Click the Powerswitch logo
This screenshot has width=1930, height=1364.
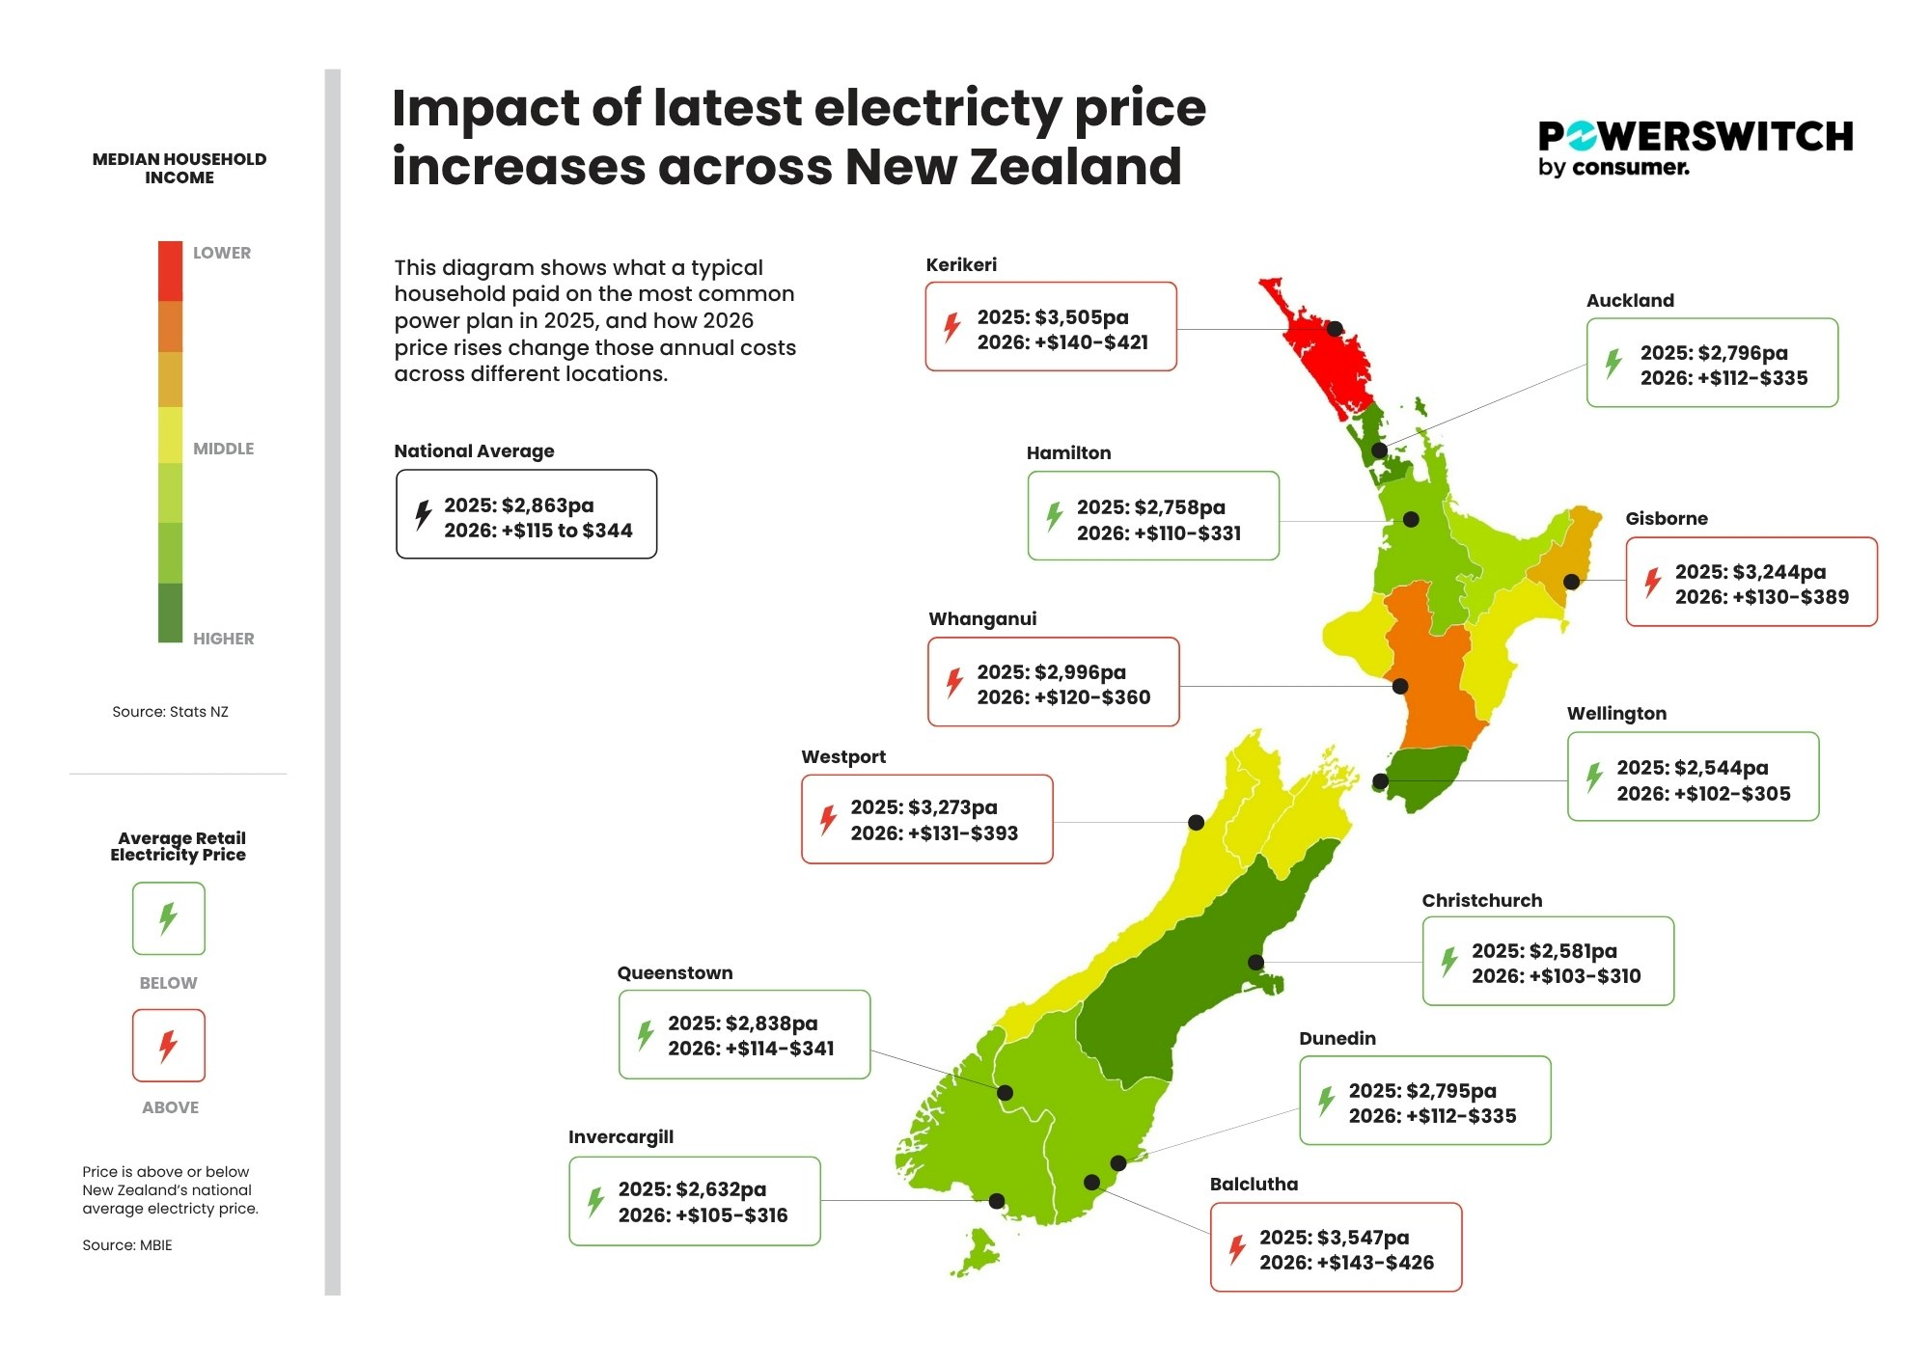pos(1695,148)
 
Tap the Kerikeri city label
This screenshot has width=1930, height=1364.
pos(961,264)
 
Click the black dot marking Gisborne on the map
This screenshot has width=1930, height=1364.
pos(1571,582)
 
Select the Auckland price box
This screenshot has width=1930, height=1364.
pos(1712,363)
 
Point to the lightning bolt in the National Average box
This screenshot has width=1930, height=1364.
pos(423,514)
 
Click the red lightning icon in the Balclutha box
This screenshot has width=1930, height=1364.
pos(1236,1249)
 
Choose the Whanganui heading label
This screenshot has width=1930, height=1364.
pos(982,618)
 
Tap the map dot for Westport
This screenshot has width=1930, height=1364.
pos(1196,822)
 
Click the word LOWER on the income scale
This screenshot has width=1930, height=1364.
pos(222,253)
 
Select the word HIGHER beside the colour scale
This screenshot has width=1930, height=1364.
pos(223,639)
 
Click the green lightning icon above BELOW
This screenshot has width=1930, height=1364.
pos(168,918)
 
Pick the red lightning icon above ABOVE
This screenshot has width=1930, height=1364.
pos(168,1045)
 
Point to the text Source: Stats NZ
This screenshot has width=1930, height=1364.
pos(170,712)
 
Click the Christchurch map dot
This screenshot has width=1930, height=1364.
pos(1255,962)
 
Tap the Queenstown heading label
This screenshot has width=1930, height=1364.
pos(675,972)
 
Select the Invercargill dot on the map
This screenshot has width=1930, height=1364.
pos(997,1200)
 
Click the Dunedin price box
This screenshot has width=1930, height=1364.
pos(1424,1101)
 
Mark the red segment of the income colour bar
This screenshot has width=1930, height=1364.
pos(170,271)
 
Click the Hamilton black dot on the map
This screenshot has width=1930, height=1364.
pos(1411,519)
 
